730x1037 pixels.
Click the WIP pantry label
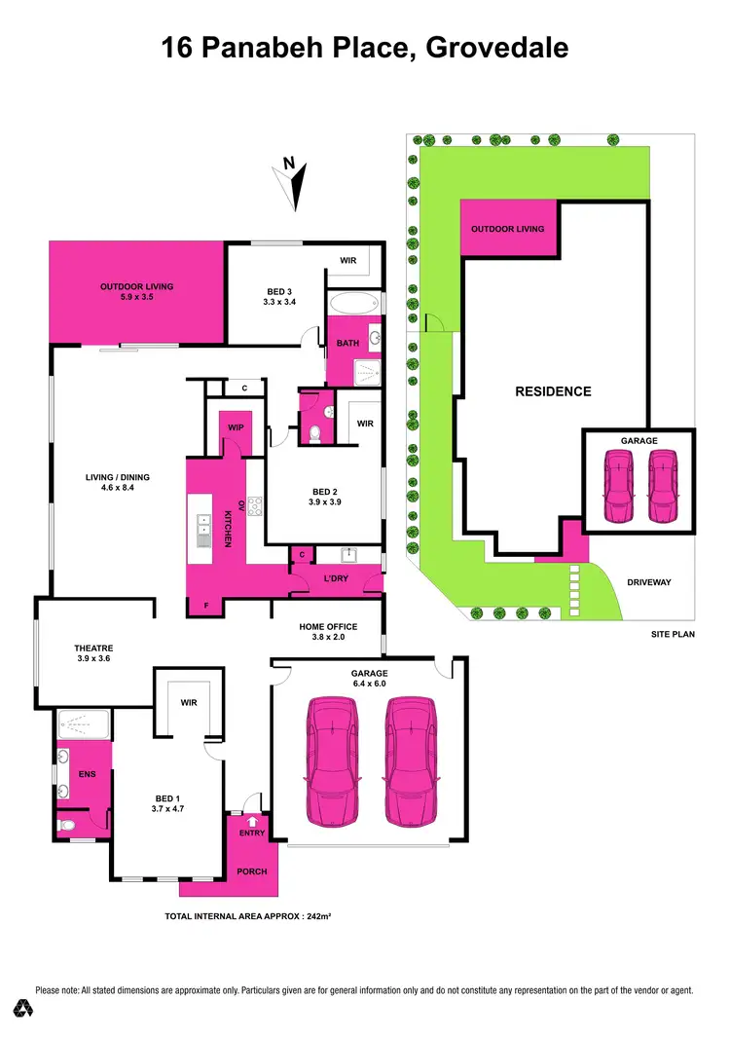236,427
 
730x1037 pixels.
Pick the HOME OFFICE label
328,626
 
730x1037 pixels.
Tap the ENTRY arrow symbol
252,823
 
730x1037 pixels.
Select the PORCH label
252,871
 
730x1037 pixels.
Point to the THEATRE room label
93,648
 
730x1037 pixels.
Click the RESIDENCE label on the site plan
553,391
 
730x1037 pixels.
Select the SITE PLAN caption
674,635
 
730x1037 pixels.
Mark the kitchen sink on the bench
202,529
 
